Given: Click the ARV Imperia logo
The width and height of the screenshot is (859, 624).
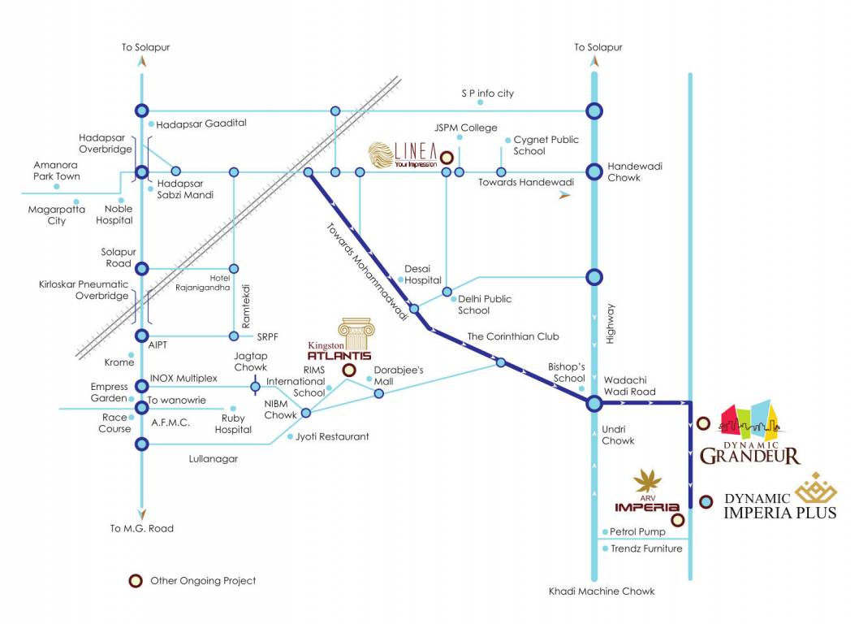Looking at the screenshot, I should tap(647, 493).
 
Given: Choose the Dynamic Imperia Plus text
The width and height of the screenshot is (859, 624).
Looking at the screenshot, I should tap(779, 505).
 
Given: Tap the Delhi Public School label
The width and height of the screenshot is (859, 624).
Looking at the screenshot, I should tap(485, 305).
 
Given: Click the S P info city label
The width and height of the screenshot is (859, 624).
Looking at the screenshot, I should tap(487, 93).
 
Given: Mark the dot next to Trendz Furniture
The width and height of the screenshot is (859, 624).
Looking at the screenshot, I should tap(604, 548).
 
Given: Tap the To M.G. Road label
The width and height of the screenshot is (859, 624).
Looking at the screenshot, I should tap(142, 528).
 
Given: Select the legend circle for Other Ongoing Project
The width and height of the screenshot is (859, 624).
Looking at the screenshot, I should tap(134, 580).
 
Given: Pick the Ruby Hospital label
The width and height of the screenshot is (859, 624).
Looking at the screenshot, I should tap(233, 424).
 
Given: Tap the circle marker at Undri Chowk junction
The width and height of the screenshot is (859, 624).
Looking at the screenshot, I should tap(594, 403).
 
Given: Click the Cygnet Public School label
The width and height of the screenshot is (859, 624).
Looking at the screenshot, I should tap(546, 145).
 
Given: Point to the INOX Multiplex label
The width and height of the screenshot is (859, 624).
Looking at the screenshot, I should tap(183, 379).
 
